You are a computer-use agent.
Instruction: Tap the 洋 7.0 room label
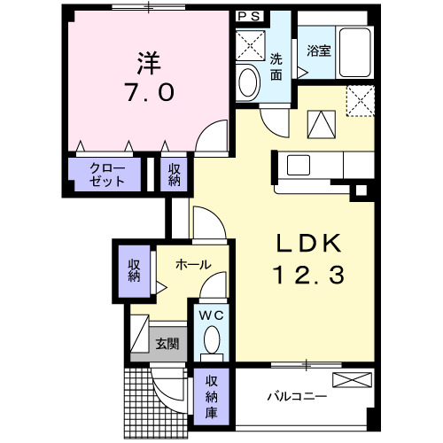coord(147,79)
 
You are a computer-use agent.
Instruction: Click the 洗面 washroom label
coord(277,67)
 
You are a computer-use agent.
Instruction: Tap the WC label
coord(212,315)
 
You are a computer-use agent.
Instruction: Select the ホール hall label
coord(192,264)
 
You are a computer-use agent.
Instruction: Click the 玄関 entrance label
coord(167,342)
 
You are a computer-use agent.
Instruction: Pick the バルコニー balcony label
coord(298,395)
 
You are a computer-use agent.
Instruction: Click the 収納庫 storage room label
coord(212,394)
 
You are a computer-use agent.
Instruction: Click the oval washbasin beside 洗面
coord(249,82)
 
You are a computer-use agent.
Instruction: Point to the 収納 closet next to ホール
coord(134,270)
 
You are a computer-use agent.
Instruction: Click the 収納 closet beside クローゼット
coord(174,174)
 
